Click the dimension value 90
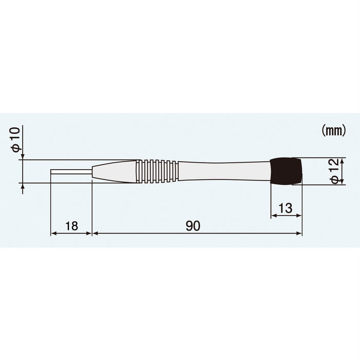[x=193, y=226]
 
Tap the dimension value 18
[x=71, y=226]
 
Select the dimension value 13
[x=285, y=208]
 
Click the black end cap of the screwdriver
[x=286, y=171]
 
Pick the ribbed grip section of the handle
[x=157, y=171]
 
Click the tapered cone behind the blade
[x=114, y=171]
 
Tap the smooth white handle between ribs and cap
[x=224, y=171]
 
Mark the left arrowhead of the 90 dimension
[x=94, y=233]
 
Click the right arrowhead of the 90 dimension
[x=299, y=233]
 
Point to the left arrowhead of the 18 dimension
[x=53, y=233]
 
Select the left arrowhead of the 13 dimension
[x=273, y=216]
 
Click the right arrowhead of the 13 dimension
[x=299, y=216]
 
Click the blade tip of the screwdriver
[x=52, y=171]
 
